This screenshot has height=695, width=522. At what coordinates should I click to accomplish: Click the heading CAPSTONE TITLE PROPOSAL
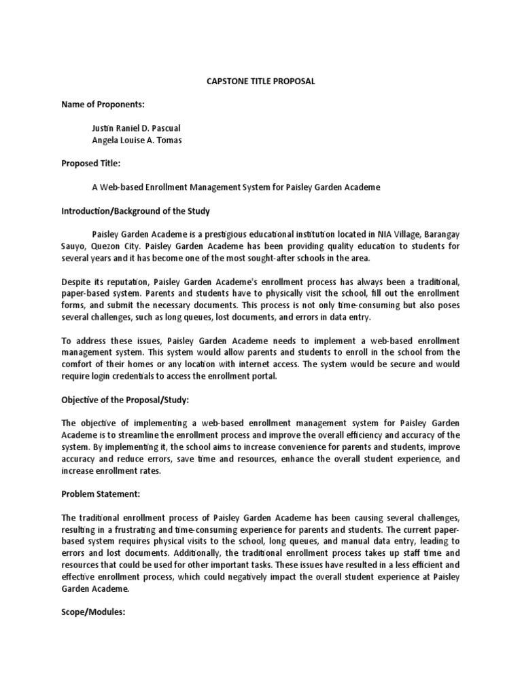tap(260, 81)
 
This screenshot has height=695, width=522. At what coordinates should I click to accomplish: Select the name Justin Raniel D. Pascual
tap(136, 128)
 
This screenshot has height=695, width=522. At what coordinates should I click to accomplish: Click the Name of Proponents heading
tap(103, 104)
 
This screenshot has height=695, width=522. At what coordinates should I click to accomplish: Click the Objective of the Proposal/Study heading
tap(124, 400)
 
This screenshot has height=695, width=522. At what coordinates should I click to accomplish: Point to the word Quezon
tap(102, 247)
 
